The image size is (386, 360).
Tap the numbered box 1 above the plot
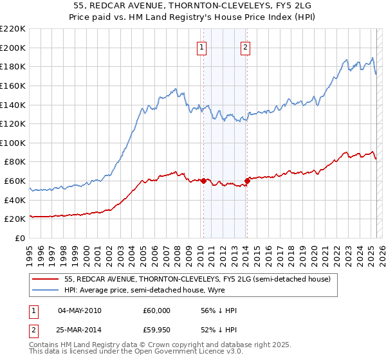202,46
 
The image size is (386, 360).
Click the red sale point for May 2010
204,181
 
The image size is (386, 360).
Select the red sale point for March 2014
248,181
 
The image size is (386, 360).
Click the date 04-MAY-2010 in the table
79,310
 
